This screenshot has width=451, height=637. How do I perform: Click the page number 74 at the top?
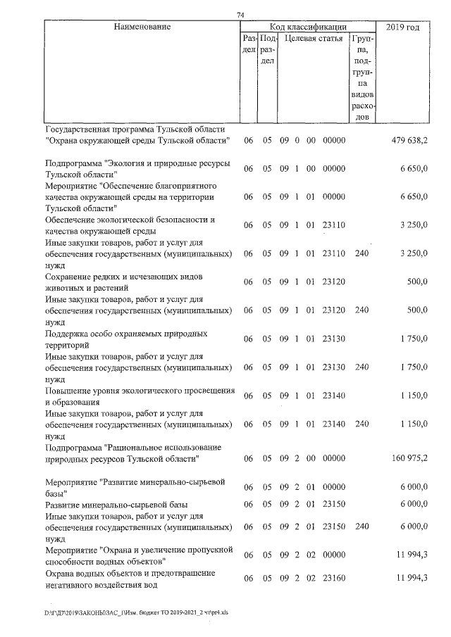click(240, 15)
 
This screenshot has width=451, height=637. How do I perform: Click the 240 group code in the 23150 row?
click(362, 527)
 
